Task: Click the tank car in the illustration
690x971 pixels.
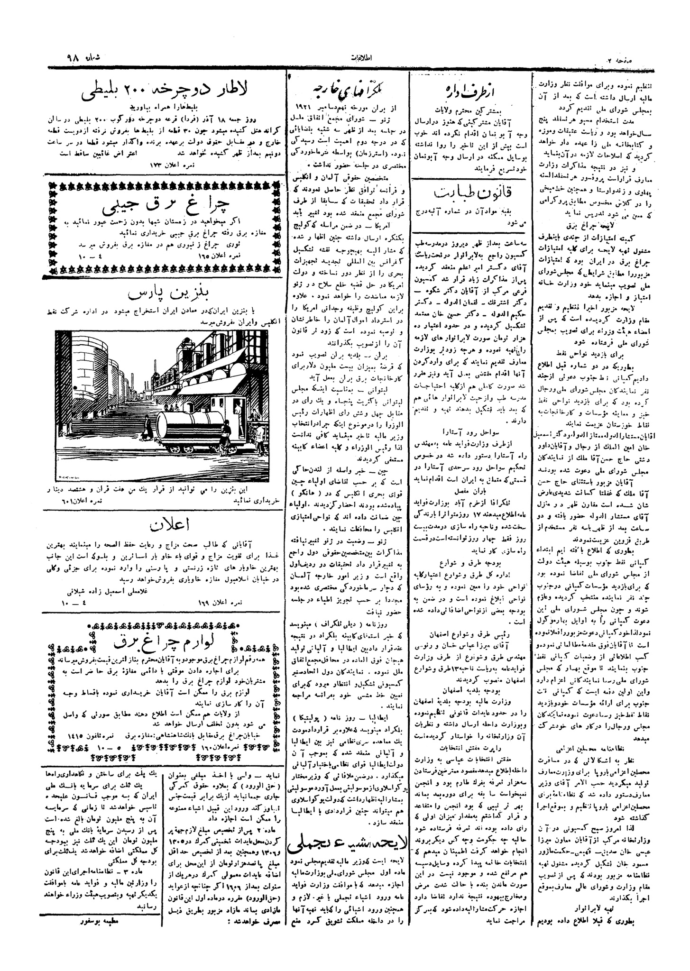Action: pyautogui.click(x=190, y=424)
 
